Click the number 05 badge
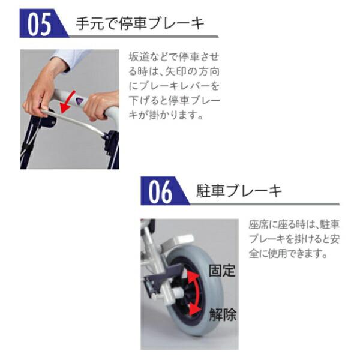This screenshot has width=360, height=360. [x=41, y=25]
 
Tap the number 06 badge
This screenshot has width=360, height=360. [x=161, y=191]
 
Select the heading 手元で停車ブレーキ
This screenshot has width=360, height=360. [x=139, y=25]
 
